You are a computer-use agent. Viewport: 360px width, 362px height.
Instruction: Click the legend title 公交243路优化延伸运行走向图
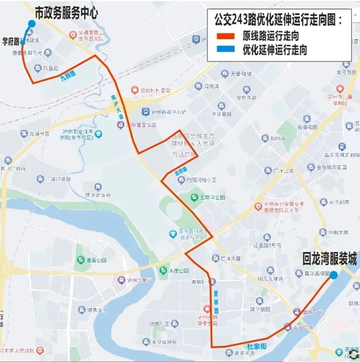click(x=279, y=21)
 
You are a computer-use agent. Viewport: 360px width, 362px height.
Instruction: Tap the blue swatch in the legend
click(x=226, y=50)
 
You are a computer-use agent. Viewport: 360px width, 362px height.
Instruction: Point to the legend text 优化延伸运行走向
click(x=274, y=50)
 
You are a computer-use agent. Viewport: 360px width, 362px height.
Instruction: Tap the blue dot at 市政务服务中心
click(x=31, y=24)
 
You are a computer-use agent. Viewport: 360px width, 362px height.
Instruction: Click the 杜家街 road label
click(x=256, y=341)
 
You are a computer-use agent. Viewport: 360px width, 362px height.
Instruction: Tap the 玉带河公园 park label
click(x=213, y=198)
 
